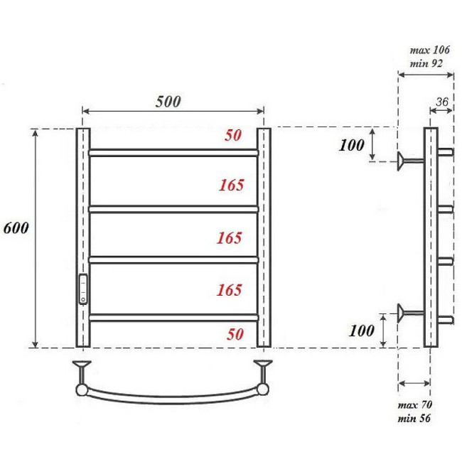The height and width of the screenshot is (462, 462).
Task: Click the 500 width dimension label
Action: [x=168, y=101]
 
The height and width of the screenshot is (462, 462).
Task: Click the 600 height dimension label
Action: [x=15, y=230]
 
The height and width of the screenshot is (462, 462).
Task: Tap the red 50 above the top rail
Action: [x=232, y=136]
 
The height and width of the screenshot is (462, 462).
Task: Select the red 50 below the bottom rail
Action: [x=234, y=335]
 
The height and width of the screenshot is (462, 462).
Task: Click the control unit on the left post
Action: [x=84, y=289]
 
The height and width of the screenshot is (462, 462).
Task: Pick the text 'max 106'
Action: [x=429, y=51]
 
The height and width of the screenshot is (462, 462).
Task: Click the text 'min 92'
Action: [x=425, y=63]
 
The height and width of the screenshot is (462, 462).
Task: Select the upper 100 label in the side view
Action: [x=352, y=145]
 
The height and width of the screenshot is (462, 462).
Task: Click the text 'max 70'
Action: [x=415, y=405]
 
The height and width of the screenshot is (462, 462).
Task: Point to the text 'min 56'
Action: [x=414, y=417]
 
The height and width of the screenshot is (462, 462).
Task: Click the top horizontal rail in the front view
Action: [x=173, y=152]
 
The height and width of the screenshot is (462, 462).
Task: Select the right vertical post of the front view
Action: [x=264, y=237]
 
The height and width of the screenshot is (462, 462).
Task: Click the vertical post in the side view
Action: [x=430, y=237]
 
